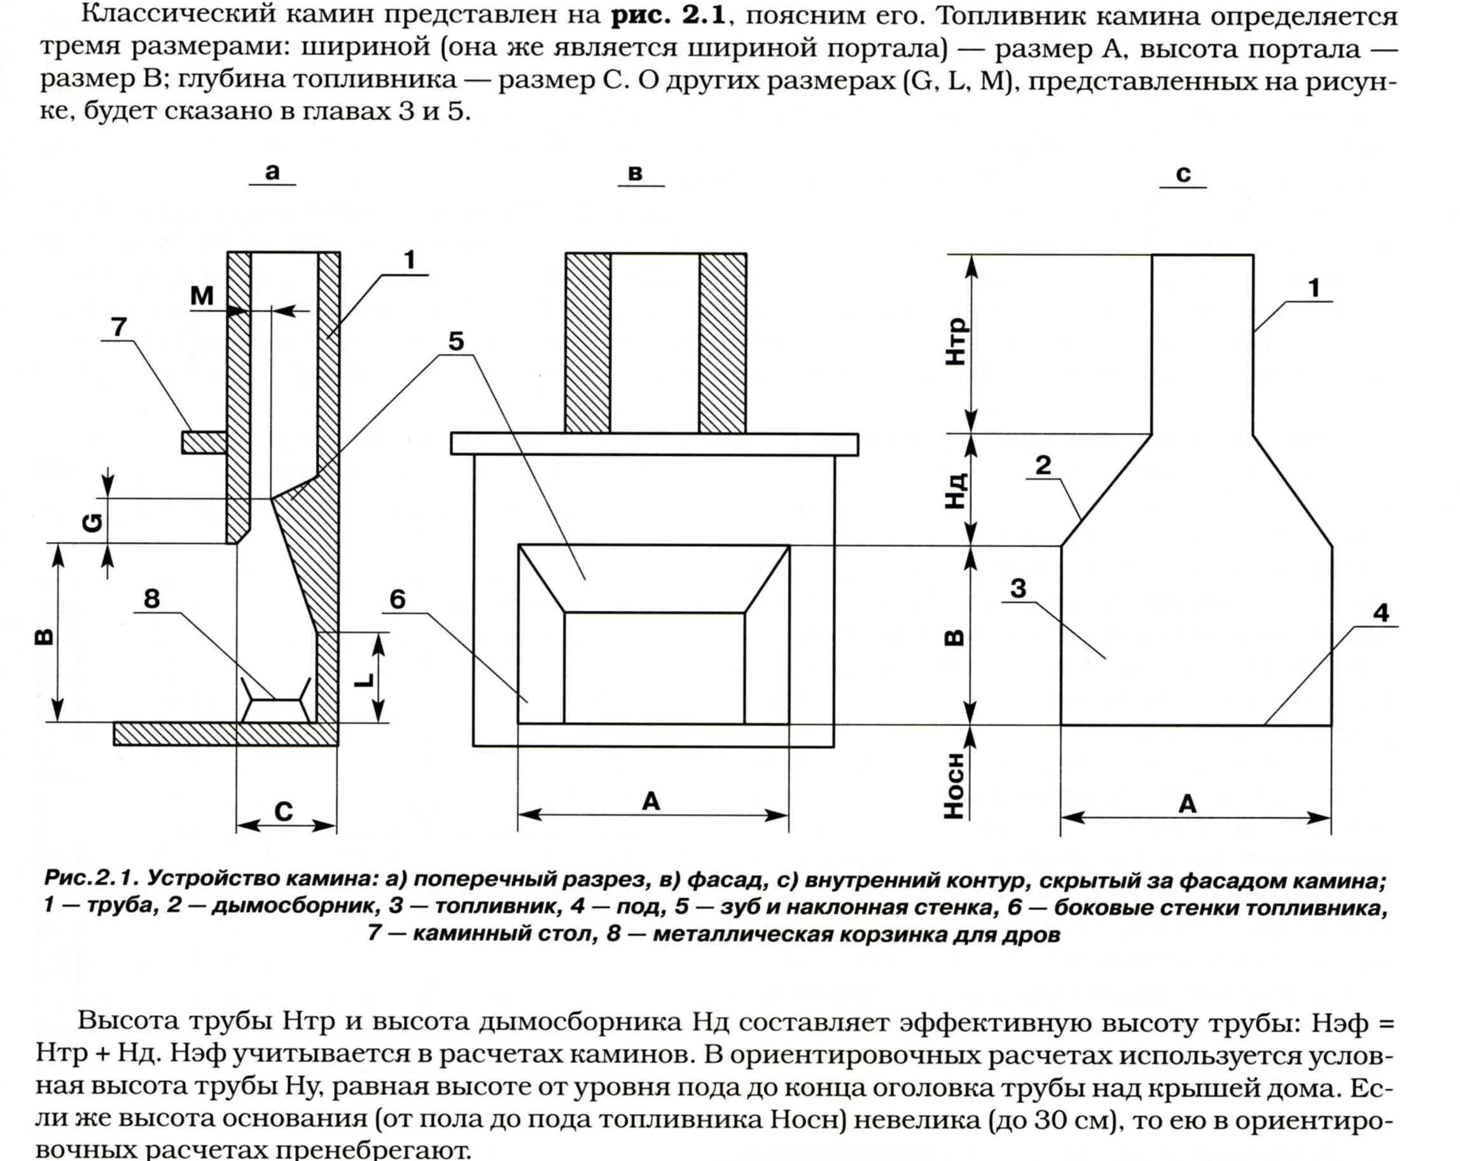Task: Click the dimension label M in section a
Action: point(202,295)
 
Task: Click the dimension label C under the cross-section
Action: point(284,811)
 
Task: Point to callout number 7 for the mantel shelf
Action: point(119,327)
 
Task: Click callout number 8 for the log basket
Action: point(151,598)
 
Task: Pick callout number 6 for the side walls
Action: point(398,599)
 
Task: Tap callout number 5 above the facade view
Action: point(456,342)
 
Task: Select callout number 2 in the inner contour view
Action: point(1043,465)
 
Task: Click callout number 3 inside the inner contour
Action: point(1018,589)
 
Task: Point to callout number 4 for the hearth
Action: point(1380,613)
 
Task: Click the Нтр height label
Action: point(956,342)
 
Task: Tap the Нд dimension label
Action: point(956,491)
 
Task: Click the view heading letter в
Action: point(635,173)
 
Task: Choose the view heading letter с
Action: point(1183,174)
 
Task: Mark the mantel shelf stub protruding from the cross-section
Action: point(204,443)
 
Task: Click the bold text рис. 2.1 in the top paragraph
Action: point(669,15)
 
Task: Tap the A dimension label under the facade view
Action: point(651,802)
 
